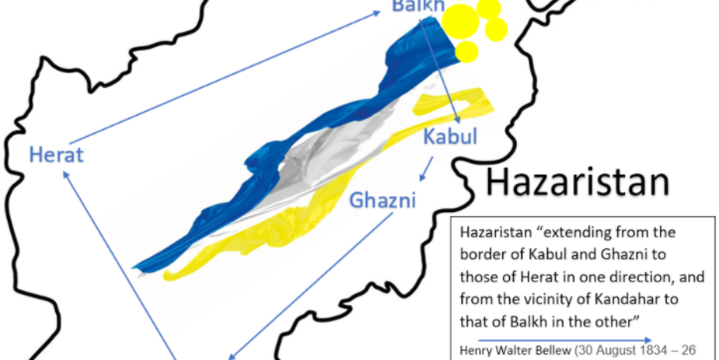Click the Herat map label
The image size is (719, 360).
pyautogui.click(x=56, y=153)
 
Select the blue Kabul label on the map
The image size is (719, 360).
pyautogui.click(x=450, y=137)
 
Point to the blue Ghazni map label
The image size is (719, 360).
pyautogui.click(x=382, y=200)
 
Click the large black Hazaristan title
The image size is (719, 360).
pyautogui.click(x=577, y=182)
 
